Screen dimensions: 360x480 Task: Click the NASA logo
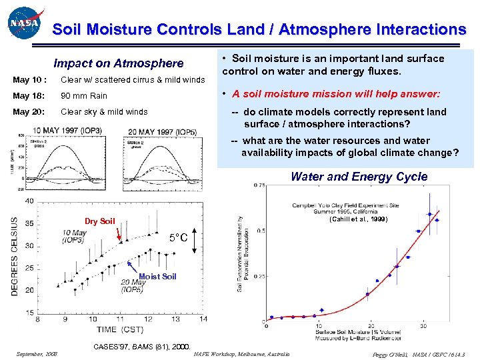point(25,24)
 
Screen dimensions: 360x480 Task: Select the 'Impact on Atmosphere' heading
point(118,63)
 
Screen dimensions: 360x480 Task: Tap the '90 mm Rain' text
point(84,96)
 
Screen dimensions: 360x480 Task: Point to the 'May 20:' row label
point(27,112)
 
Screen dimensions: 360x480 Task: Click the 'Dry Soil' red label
point(99,221)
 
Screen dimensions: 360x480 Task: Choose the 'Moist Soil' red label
point(157,276)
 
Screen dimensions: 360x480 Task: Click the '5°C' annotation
point(177,238)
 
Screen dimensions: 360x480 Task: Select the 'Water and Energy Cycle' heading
point(359,177)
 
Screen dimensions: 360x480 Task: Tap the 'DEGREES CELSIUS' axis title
point(15,256)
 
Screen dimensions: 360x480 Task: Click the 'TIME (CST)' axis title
point(120,330)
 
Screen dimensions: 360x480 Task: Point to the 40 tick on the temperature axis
point(29,201)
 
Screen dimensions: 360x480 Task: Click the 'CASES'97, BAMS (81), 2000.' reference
point(143,346)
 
